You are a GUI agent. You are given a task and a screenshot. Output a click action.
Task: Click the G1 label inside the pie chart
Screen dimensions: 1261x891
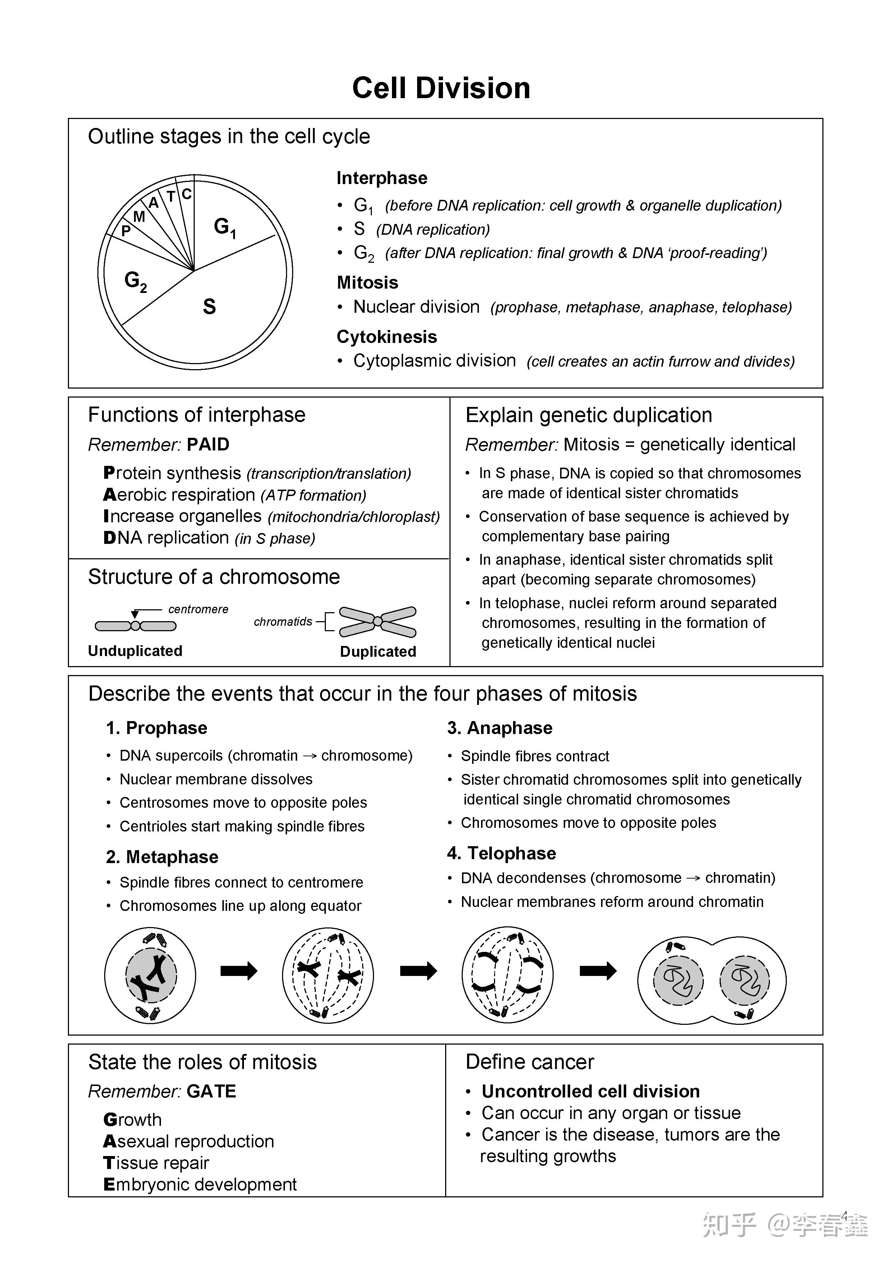[224, 227]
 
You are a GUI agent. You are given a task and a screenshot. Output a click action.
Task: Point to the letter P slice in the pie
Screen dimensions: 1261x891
[126, 231]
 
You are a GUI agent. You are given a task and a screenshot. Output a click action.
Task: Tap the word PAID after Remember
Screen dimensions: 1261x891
[208, 444]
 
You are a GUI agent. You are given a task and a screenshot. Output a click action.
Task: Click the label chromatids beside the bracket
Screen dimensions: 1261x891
[283, 622]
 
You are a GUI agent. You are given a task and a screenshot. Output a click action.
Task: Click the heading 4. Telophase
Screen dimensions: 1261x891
[501, 853]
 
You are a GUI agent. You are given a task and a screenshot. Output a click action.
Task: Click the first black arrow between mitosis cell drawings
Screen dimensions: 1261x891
[239, 971]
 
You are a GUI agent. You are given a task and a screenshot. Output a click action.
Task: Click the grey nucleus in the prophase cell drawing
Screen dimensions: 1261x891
[151, 975]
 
